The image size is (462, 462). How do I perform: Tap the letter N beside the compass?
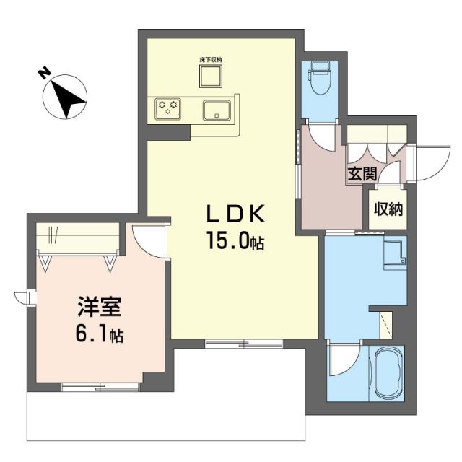tap(44, 73)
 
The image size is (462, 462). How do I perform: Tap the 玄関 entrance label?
tap(362, 173)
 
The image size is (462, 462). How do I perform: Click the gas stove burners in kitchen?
tap(169, 109)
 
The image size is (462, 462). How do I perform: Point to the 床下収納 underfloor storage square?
tap(211, 74)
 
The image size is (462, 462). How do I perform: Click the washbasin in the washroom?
tap(395, 253)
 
